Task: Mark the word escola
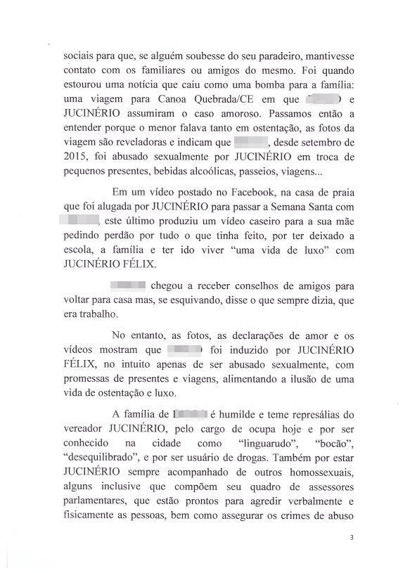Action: point(78,251)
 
